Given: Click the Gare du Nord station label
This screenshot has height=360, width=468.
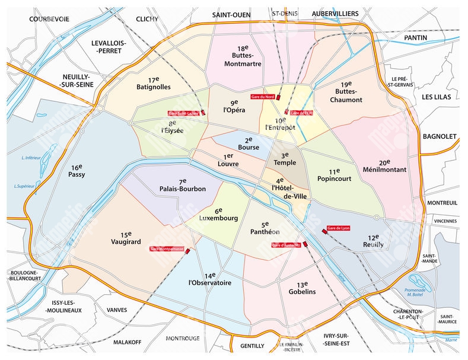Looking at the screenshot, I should tap(262, 97).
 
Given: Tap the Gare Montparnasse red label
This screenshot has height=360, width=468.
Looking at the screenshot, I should tap(165, 248).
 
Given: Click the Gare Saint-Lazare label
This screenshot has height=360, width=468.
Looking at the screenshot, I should tap(183, 113).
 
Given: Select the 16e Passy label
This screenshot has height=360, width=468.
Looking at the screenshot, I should tap(77, 171).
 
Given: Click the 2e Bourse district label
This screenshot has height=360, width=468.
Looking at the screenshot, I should tap(248, 143).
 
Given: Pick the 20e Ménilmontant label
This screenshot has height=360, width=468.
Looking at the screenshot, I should tap(384, 166).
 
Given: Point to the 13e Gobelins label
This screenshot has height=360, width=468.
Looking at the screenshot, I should tap(303, 288).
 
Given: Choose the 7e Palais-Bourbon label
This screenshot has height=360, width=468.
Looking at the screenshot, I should tap(183, 185).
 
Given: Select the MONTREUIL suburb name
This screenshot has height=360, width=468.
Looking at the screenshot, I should tap(442, 203).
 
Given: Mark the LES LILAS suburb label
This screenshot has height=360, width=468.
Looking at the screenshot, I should tap(436, 97).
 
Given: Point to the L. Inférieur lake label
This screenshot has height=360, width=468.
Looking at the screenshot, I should tap(30, 158).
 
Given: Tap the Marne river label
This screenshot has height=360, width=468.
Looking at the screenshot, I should tap(451, 340).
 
